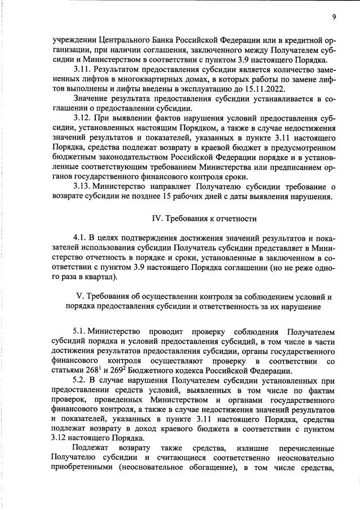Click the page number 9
click(334, 17)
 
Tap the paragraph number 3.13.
click(83, 187)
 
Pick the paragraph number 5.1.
click(80, 334)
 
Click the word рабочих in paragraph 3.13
click(231, 197)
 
